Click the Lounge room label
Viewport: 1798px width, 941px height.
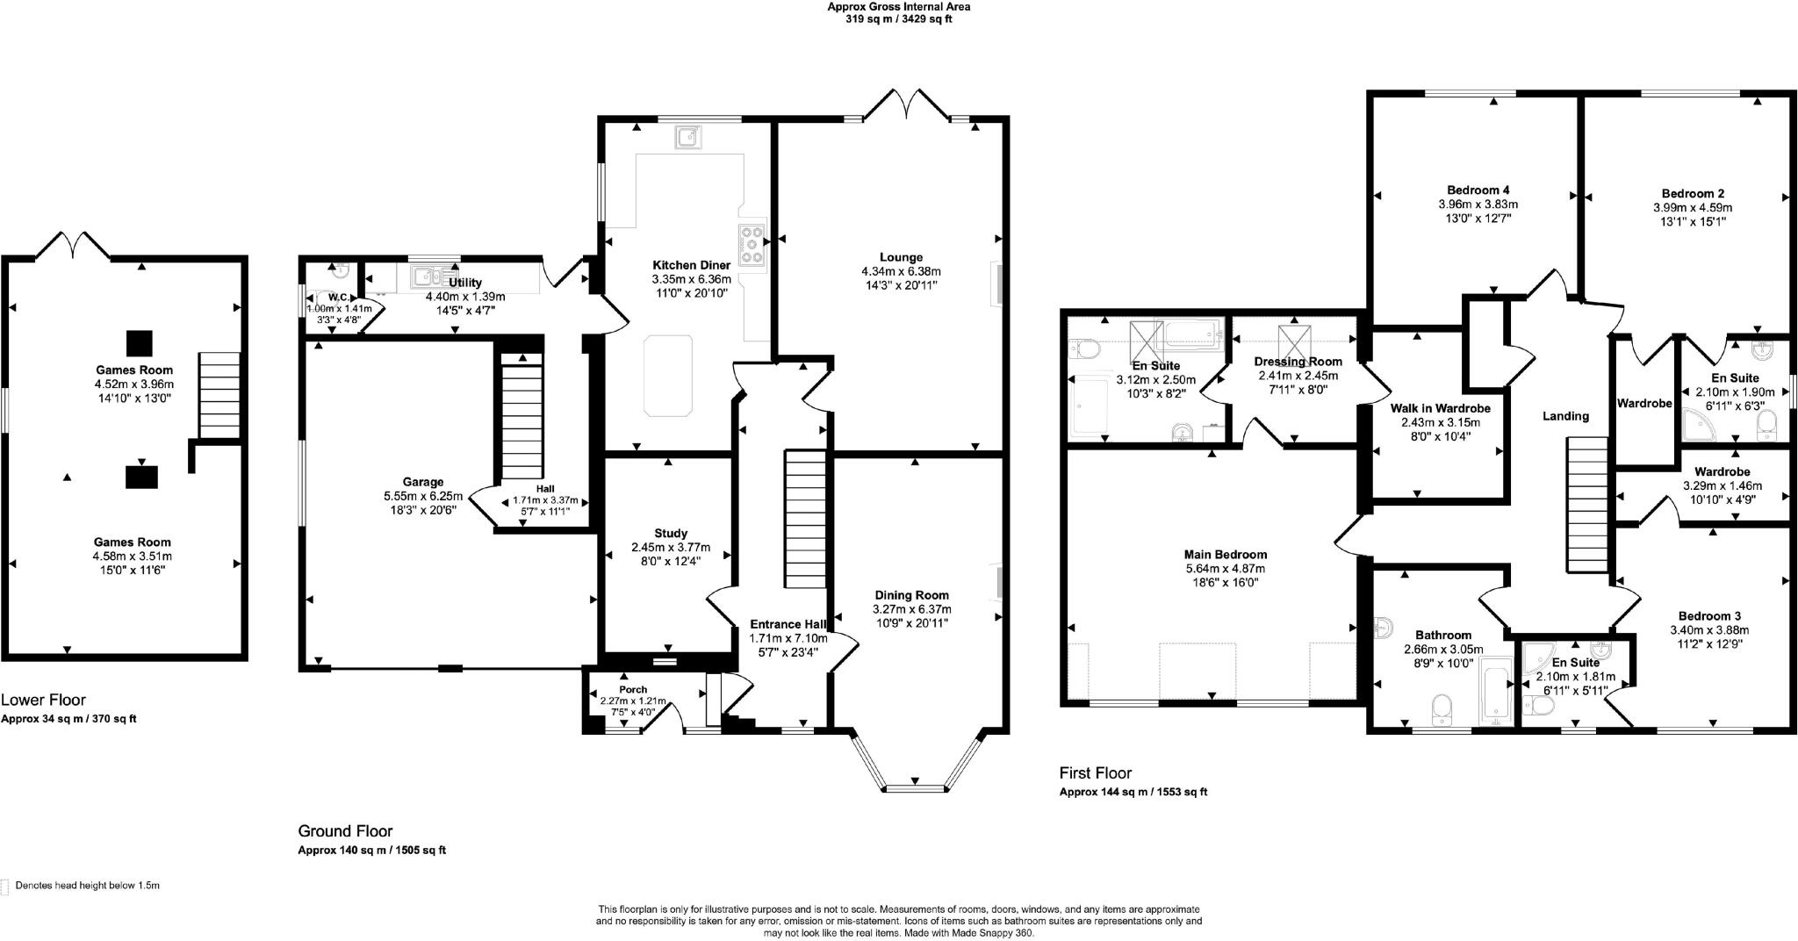901,257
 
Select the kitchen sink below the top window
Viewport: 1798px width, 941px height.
687,138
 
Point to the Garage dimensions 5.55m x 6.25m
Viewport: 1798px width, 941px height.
423,496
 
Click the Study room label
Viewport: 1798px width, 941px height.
671,533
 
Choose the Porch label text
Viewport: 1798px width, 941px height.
632,689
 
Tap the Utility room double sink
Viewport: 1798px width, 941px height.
426,277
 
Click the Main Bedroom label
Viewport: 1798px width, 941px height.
1225,554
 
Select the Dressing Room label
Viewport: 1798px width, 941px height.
1298,362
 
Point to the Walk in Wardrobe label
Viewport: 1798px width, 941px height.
1440,408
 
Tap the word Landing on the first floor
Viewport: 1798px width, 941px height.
1565,416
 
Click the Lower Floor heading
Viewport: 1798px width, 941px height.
43,700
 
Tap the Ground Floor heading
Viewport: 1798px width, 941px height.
345,830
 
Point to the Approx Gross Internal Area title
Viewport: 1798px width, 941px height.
898,7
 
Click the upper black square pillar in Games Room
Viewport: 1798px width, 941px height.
139,341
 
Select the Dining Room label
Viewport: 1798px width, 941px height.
911,594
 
